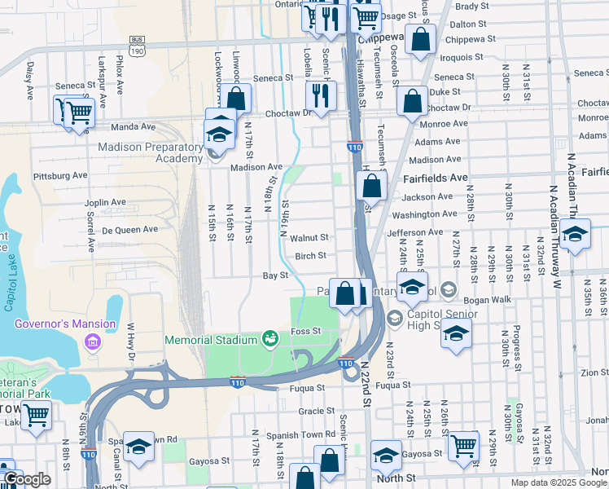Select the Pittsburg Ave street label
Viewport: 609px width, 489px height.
pyautogui.click(x=59, y=175)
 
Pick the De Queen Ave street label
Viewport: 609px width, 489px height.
pyautogui.click(x=130, y=230)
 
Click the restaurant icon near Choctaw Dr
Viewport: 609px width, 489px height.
pyautogui.click(x=319, y=95)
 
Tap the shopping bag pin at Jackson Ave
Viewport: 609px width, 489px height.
pyautogui.click(x=371, y=186)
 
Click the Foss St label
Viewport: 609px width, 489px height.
pyautogui.click(x=307, y=331)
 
